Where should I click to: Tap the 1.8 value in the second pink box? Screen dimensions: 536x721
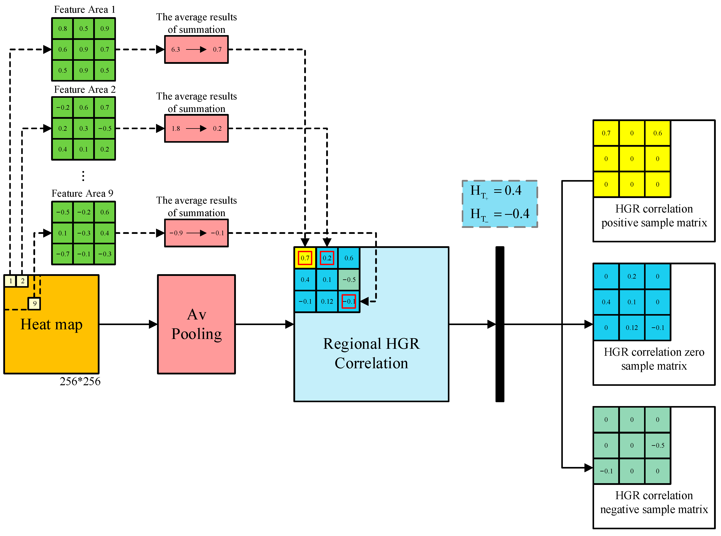[176, 128]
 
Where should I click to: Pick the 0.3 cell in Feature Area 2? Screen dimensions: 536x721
[84, 128]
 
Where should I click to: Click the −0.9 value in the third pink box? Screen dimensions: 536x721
[176, 233]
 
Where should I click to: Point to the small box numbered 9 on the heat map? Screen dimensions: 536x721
[34, 304]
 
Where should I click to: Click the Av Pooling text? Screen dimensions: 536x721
[196, 324]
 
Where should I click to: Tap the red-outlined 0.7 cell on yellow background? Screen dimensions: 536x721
[305, 258]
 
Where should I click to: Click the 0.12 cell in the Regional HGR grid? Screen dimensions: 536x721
[327, 301]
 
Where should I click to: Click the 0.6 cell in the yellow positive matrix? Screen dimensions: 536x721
[657, 133]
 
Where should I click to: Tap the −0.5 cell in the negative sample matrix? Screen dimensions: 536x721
[657, 445]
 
